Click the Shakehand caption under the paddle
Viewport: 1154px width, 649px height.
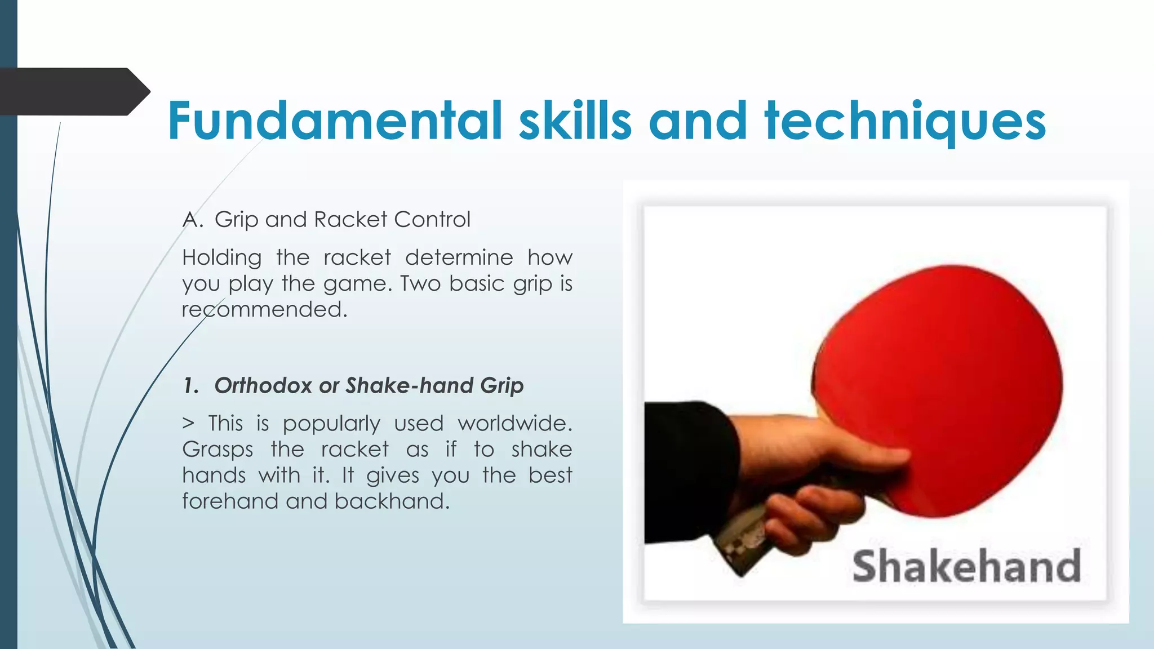(966, 566)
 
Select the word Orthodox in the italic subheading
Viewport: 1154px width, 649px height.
(263, 386)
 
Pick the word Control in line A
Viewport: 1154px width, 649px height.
(432, 220)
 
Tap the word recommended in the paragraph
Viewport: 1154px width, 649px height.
(264, 309)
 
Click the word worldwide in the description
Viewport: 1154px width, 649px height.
(514, 423)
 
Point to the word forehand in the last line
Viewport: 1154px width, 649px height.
(230, 501)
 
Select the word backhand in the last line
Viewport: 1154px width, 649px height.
(392, 501)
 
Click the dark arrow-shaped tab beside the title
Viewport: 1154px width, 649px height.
(73, 92)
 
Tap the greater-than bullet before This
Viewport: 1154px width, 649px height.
(188, 424)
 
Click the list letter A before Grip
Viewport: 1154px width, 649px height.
(191, 220)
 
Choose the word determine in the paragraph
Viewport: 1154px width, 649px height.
(459, 257)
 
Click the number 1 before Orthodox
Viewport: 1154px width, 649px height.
(190, 386)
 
